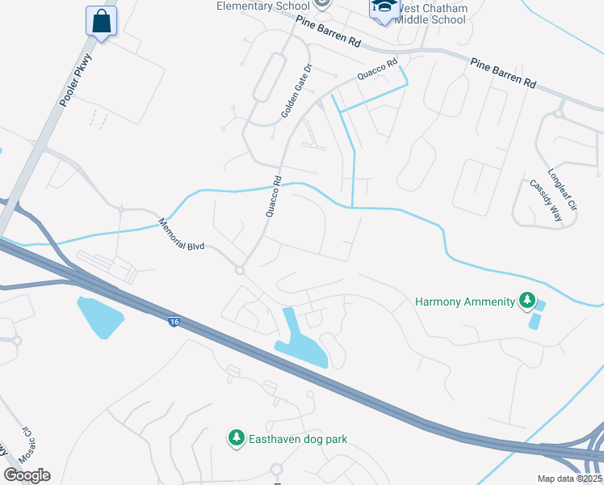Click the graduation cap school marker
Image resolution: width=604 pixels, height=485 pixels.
click(383, 8)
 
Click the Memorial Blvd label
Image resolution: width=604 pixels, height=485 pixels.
click(183, 234)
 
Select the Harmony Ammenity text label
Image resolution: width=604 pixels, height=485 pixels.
click(464, 302)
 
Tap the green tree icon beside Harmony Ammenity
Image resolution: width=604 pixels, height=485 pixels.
click(527, 302)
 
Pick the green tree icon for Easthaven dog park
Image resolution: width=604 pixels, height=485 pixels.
click(236, 438)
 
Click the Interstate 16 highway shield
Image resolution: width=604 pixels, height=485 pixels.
click(174, 322)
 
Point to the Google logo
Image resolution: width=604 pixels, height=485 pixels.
click(27, 474)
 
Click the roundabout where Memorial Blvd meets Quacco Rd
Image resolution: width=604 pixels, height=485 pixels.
click(239, 270)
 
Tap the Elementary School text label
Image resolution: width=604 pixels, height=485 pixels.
click(263, 6)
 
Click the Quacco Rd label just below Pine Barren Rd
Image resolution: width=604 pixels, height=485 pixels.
click(380, 71)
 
